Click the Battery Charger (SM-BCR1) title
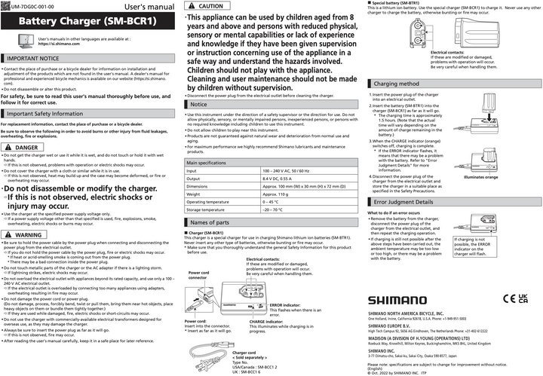click(82, 21)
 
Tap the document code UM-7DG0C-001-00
click(29, 5)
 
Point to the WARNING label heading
click(28, 235)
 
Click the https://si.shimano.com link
click(62, 44)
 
